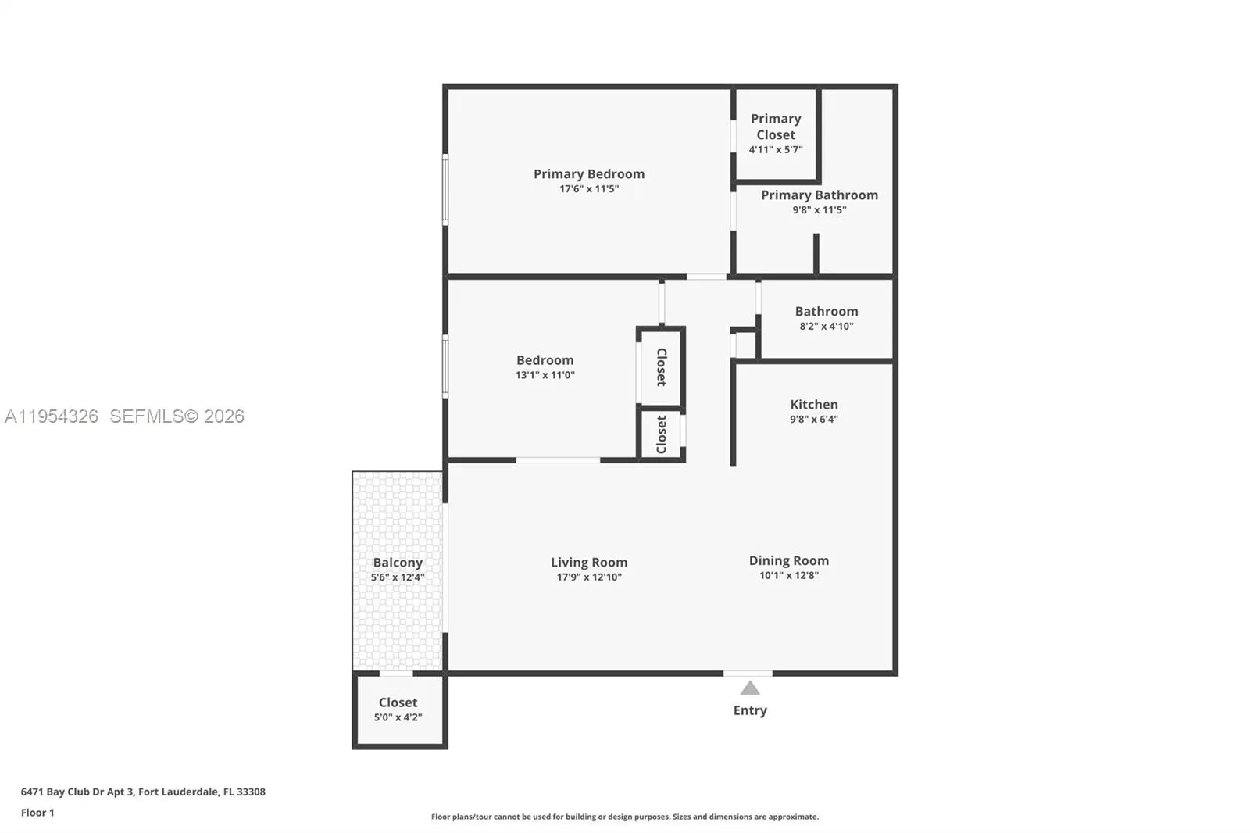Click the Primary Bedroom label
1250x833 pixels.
pos(588,173)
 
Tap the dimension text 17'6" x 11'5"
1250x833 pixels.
pos(588,189)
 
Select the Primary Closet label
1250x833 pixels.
pos(775,127)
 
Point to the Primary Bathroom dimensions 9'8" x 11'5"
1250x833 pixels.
pos(819,210)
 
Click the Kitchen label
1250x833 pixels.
pos(813,404)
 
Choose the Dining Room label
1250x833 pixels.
pos(788,560)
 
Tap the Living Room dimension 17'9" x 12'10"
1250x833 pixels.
pos(588,577)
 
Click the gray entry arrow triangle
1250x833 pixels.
pos(750,688)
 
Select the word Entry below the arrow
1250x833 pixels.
pos(750,710)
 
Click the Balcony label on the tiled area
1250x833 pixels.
pos(398,562)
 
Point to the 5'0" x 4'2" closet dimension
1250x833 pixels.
pos(398,717)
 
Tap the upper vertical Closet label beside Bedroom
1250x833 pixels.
pos(661,366)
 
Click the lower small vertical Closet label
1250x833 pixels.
pos(661,434)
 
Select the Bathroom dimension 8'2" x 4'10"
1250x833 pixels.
pos(826,327)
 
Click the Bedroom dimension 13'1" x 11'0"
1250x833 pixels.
pos(545,375)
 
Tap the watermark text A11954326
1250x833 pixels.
pos(52,417)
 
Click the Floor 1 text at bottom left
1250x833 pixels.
pos(37,813)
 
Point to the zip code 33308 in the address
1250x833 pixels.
pos(251,792)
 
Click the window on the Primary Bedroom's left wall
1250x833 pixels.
pos(445,190)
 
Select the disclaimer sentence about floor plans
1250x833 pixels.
pos(624,817)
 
